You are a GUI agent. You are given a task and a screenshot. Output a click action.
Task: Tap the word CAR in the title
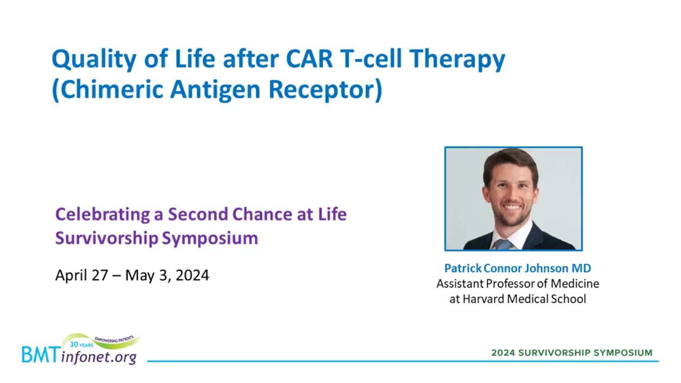click(309, 58)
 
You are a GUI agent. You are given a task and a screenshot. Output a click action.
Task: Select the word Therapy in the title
click(457, 59)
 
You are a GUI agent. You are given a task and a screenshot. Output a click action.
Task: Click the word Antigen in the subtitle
click(215, 90)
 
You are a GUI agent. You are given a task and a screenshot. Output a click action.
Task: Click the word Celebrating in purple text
click(103, 215)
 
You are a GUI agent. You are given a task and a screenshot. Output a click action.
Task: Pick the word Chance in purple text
click(262, 214)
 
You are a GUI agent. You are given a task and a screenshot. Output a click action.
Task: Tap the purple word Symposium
click(210, 238)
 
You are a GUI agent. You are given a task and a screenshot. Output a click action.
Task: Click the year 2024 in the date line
click(192, 275)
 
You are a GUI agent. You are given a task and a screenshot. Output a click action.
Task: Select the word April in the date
click(71, 276)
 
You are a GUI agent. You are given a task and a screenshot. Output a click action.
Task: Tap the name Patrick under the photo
click(463, 268)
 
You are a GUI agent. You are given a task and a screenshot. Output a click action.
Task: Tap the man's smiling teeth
click(512, 207)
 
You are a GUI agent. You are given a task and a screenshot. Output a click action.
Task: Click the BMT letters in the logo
click(41, 355)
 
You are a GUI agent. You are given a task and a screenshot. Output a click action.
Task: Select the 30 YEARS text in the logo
click(81, 345)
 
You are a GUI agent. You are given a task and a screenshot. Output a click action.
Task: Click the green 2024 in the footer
click(503, 353)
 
